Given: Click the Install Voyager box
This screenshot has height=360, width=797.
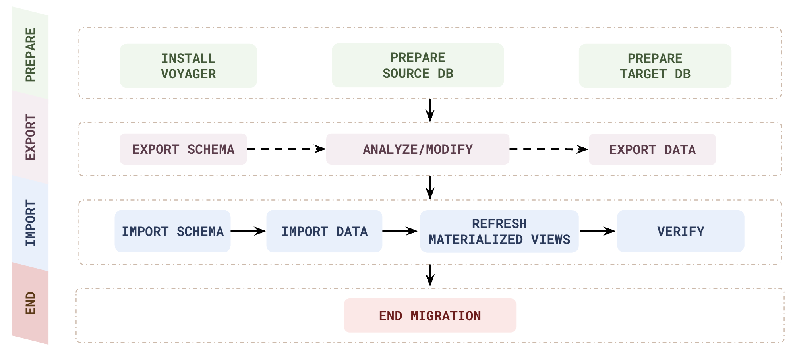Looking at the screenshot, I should [188, 66].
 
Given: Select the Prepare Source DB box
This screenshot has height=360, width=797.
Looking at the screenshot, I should [418, 66].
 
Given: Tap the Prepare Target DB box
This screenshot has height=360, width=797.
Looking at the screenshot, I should [655, 66].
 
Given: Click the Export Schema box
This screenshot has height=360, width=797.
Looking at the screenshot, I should [183, 149].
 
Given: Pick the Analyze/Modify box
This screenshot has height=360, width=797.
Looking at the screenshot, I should [418, 149].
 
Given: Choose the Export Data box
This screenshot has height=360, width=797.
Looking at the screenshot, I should [652, 150].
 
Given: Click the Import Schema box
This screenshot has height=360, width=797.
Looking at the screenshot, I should [172, 231].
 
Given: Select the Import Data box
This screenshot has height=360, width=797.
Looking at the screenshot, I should [324, 231].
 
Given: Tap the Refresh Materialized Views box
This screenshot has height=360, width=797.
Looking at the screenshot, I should [499, 232].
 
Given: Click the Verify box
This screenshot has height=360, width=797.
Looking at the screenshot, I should [680, 231].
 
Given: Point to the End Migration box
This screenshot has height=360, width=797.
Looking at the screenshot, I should [430, 315].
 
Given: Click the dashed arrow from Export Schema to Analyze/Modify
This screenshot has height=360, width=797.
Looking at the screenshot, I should [286, 149].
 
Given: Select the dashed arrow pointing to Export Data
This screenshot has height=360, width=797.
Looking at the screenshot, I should [548, 149].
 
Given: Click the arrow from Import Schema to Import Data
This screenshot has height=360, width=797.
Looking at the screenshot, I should [248, 231].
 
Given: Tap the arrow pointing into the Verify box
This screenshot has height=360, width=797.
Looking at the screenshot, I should [598, 231].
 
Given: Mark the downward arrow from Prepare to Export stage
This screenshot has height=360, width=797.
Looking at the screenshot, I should [430, 110].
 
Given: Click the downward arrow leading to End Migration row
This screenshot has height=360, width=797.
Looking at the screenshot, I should [430, 275].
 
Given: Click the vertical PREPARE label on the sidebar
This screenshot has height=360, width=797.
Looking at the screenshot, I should [30, 55].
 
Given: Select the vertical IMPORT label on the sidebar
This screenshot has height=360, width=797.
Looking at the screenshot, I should [30, 223].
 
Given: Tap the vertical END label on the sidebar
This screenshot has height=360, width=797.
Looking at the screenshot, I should [30, 303].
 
